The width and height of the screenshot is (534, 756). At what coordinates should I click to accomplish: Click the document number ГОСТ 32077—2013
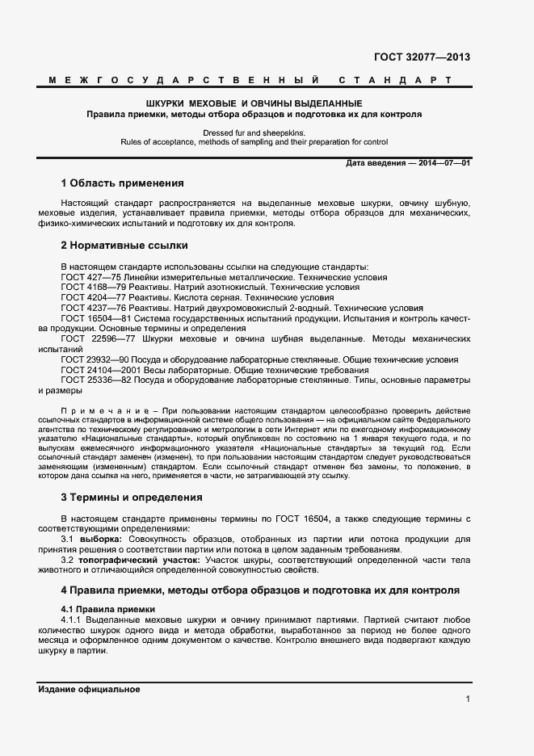(422, 57)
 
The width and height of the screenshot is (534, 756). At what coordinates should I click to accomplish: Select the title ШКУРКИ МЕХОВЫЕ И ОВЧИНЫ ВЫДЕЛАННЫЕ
(254, 104)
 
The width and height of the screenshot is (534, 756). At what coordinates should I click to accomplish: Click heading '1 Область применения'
(122, 183)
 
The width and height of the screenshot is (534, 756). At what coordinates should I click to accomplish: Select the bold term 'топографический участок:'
(137, 559)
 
